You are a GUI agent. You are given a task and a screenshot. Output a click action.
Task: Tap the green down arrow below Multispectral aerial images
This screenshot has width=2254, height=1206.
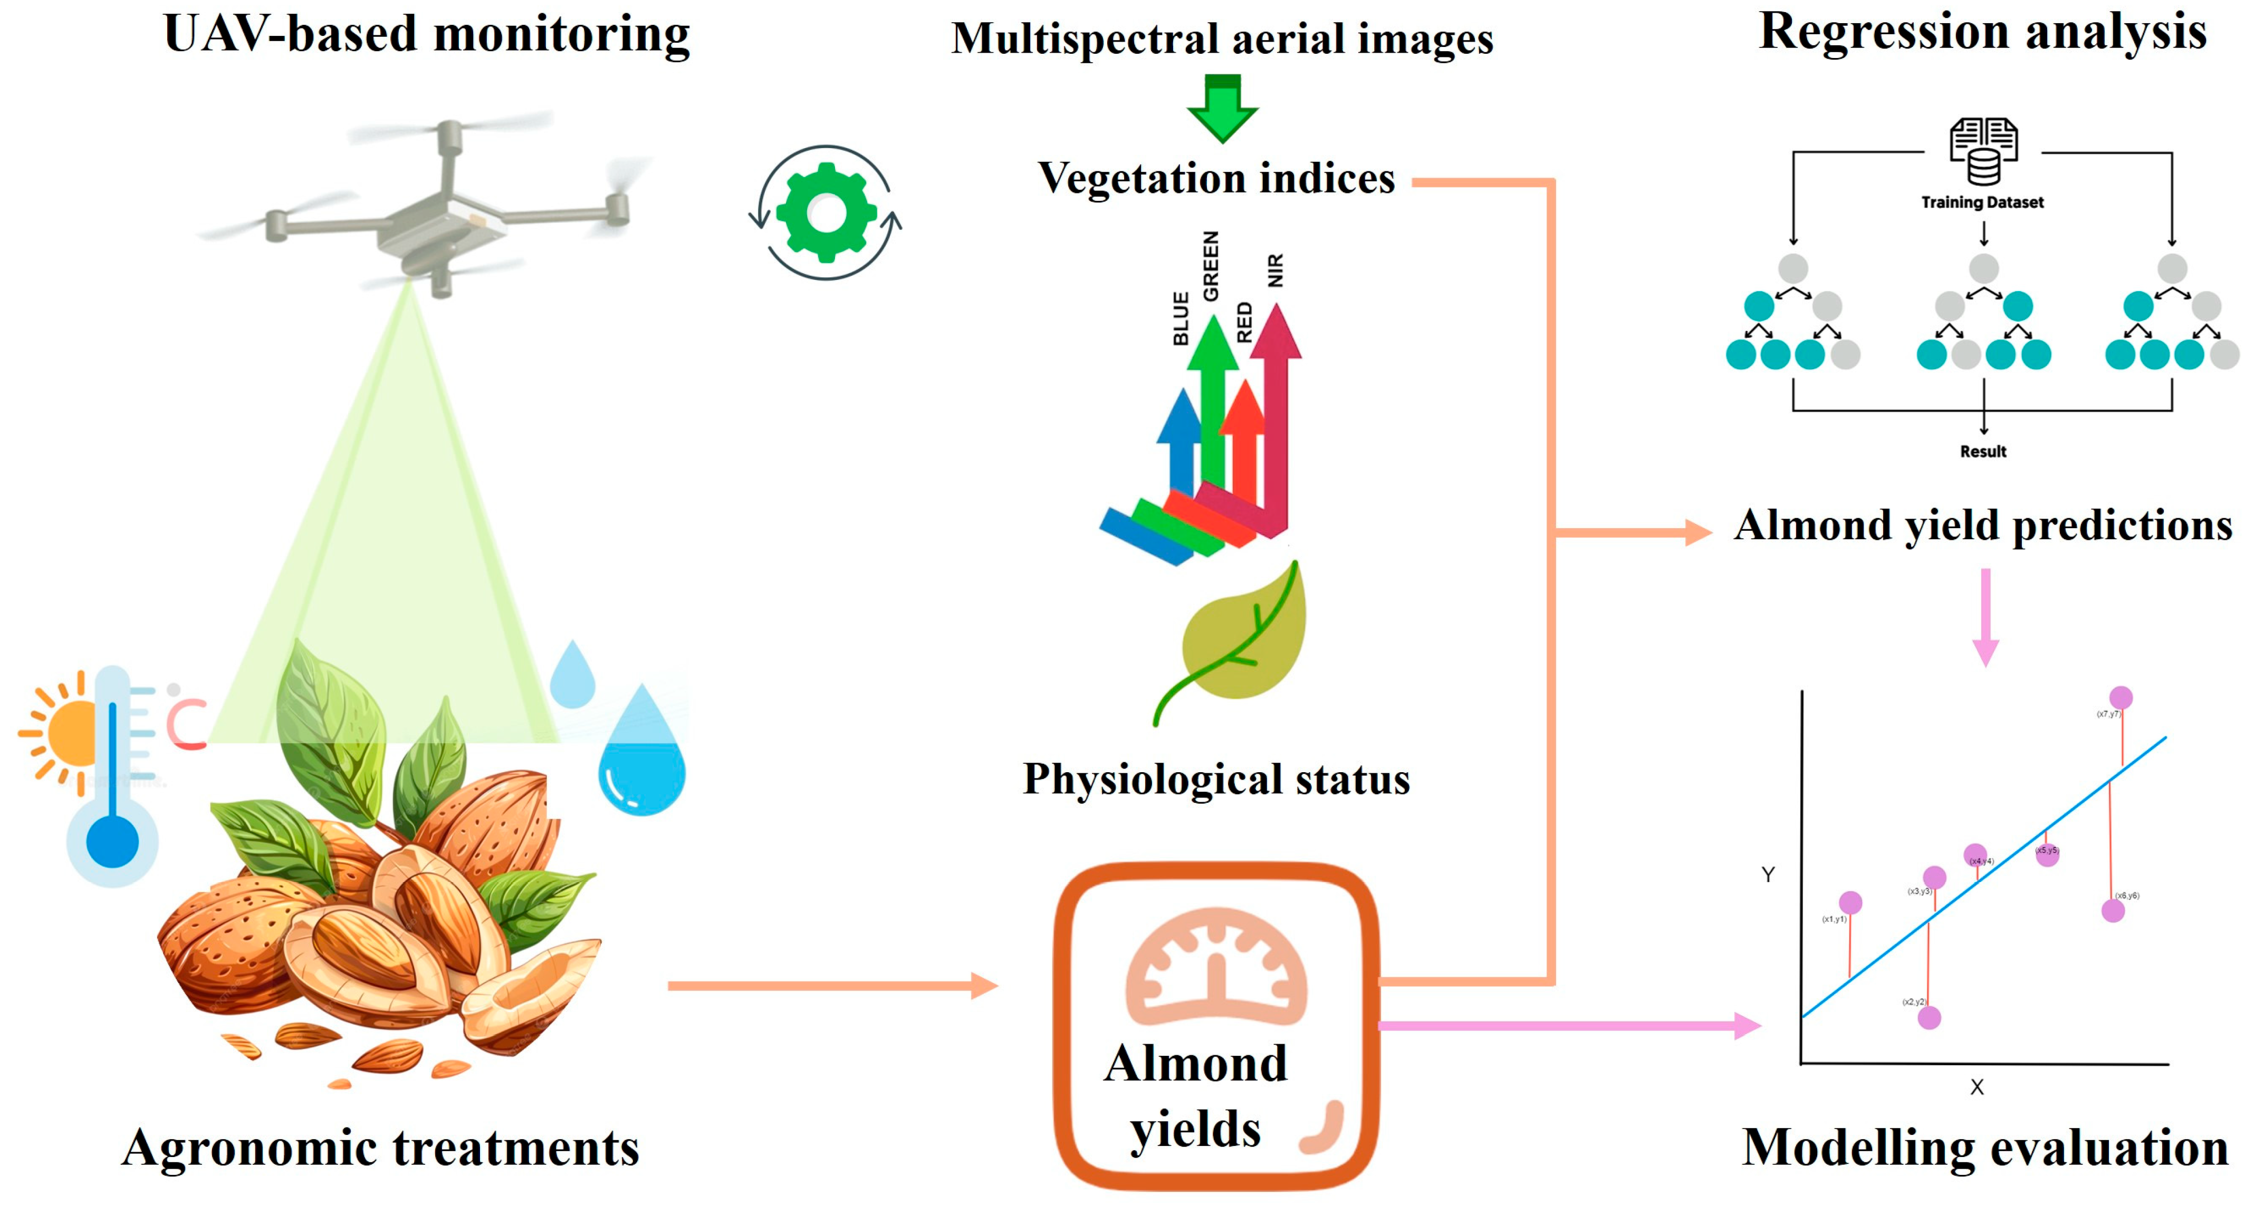pos(1222,109)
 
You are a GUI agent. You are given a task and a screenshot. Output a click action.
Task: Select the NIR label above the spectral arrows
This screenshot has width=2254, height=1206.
pos(1275,270)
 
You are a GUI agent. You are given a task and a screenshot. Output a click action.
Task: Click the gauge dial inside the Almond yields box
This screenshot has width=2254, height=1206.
pos(1216,966)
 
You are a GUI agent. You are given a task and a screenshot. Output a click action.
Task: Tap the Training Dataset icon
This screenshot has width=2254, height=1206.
pos(1983,152)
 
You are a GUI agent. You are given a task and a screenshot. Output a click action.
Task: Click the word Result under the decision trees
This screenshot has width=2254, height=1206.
pos(1983,451)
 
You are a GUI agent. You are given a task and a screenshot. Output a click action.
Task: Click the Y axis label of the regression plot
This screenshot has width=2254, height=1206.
pos(1768,874)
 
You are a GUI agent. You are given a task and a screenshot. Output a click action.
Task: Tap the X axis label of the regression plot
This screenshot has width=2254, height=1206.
pos(1977,1087)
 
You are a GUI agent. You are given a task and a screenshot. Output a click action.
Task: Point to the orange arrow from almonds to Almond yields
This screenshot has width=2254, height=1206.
pos(831,986)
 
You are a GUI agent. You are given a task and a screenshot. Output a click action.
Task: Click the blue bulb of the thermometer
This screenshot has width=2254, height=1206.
pos(112,841)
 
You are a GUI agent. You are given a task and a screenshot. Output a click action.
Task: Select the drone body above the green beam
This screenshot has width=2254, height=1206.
pos(442,223)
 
